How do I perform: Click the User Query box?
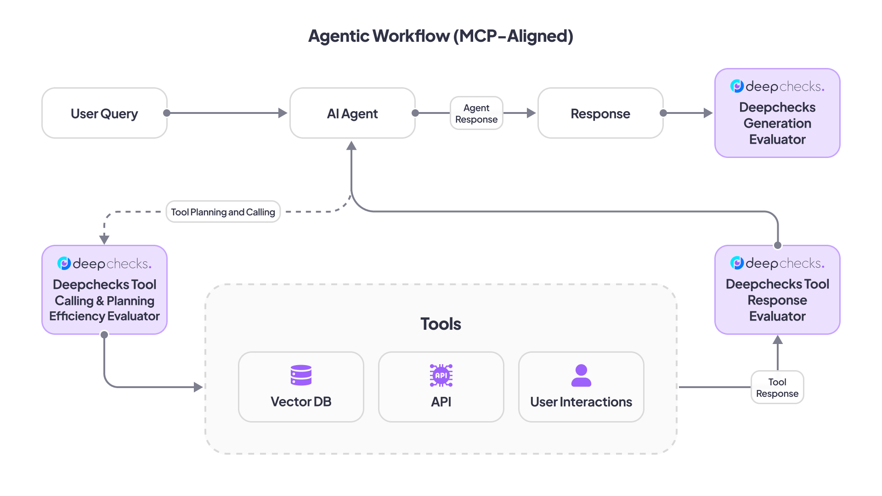click(104, 113)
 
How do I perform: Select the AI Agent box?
click(352, 113)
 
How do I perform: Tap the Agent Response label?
click(476, 113)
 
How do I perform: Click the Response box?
click(600, 113)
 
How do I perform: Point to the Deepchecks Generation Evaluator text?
click(777, 123)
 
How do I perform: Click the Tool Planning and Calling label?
click(223, 212)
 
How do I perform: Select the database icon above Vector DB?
click(301, 375)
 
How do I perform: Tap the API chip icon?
click(441, 375)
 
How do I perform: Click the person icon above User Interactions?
click(581, 375)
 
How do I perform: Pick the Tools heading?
click(441, 324)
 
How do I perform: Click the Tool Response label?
click(777, 388)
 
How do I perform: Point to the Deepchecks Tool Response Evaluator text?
click(777, 300)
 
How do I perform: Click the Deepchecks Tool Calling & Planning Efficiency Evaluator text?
click(104, 300)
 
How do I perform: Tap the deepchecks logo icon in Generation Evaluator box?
click(737, 86)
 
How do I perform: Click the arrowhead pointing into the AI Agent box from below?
click(351, 146)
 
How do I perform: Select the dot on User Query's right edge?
click(167, 113)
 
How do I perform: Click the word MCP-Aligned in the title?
click(513, 36)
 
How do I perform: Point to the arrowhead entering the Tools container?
click(198, 387)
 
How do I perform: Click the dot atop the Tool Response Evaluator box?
click(778, 245)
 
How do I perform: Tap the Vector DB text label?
click(301, 402)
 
